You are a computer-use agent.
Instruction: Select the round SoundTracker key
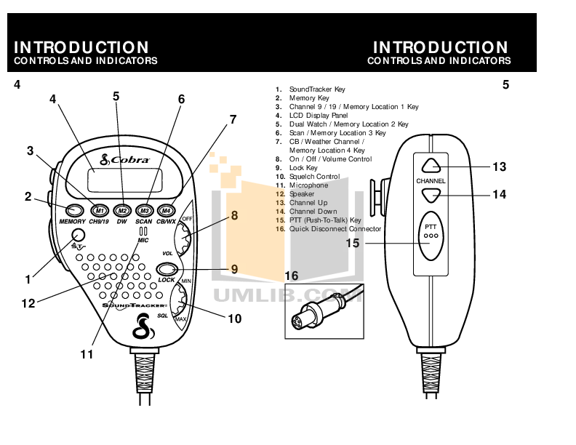(78, 235)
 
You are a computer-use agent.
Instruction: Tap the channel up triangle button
(431, 165)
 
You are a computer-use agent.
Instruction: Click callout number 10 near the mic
(234, 318)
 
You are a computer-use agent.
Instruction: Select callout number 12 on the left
(28, 304)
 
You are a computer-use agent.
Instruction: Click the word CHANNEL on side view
(431, 180)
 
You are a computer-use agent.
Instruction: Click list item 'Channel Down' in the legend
(313, 211)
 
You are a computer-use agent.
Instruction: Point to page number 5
(505, 85)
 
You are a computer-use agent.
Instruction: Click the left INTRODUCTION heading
(81, 48)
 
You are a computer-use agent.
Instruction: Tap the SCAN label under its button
(144, 220)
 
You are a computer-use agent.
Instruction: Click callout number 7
(233, 120)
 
